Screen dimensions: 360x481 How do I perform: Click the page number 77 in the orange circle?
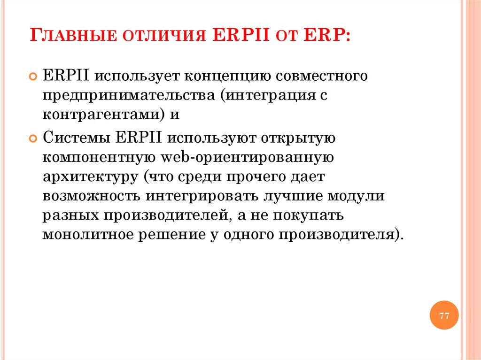444,315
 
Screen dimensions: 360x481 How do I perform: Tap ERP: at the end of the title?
324,36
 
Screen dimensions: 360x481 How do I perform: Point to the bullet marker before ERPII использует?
33,76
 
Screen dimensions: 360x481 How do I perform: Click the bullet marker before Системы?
33,139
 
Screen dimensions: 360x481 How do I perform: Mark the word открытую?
294,138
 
